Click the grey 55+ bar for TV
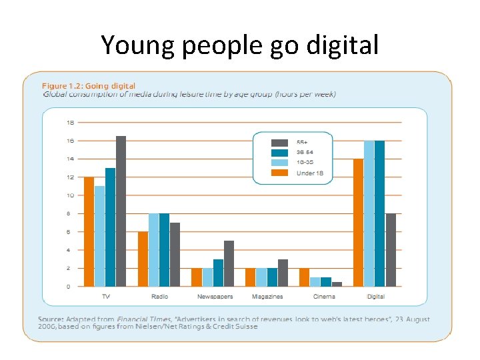point(121,211)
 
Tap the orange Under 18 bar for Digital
point(358,223)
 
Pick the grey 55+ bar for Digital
point(391,250)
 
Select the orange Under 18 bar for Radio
point(143,259)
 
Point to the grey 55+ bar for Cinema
point(337,284)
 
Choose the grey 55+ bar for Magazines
point(283,273)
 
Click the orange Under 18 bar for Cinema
point(304,277)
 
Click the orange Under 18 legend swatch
point(279,172)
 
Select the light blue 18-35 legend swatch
point(279,162)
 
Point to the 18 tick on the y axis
point(70,123)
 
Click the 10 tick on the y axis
point(70,195)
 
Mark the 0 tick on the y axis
point(70,287)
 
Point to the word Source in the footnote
point(50,319)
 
